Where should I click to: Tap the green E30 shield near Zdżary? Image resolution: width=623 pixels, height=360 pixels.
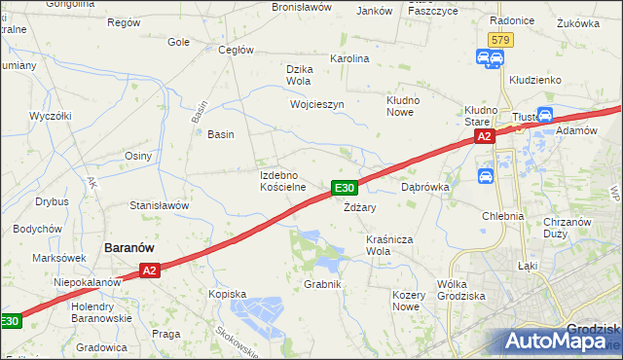[x=346, y=188]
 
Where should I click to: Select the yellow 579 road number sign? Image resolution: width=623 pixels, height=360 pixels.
[x=500, y=40]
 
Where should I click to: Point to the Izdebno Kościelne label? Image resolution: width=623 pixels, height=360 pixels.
[x=283, y=181]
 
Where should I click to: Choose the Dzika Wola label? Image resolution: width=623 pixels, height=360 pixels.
[x=304, y=75]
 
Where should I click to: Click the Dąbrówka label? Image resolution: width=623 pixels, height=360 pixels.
[x=423, y=187]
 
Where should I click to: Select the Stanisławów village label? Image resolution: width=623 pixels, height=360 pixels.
[x=159, y=206]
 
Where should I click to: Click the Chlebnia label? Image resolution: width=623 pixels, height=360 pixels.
[x=502, y=216]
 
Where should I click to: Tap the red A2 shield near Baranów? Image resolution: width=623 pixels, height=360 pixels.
[x=148, y=270]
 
